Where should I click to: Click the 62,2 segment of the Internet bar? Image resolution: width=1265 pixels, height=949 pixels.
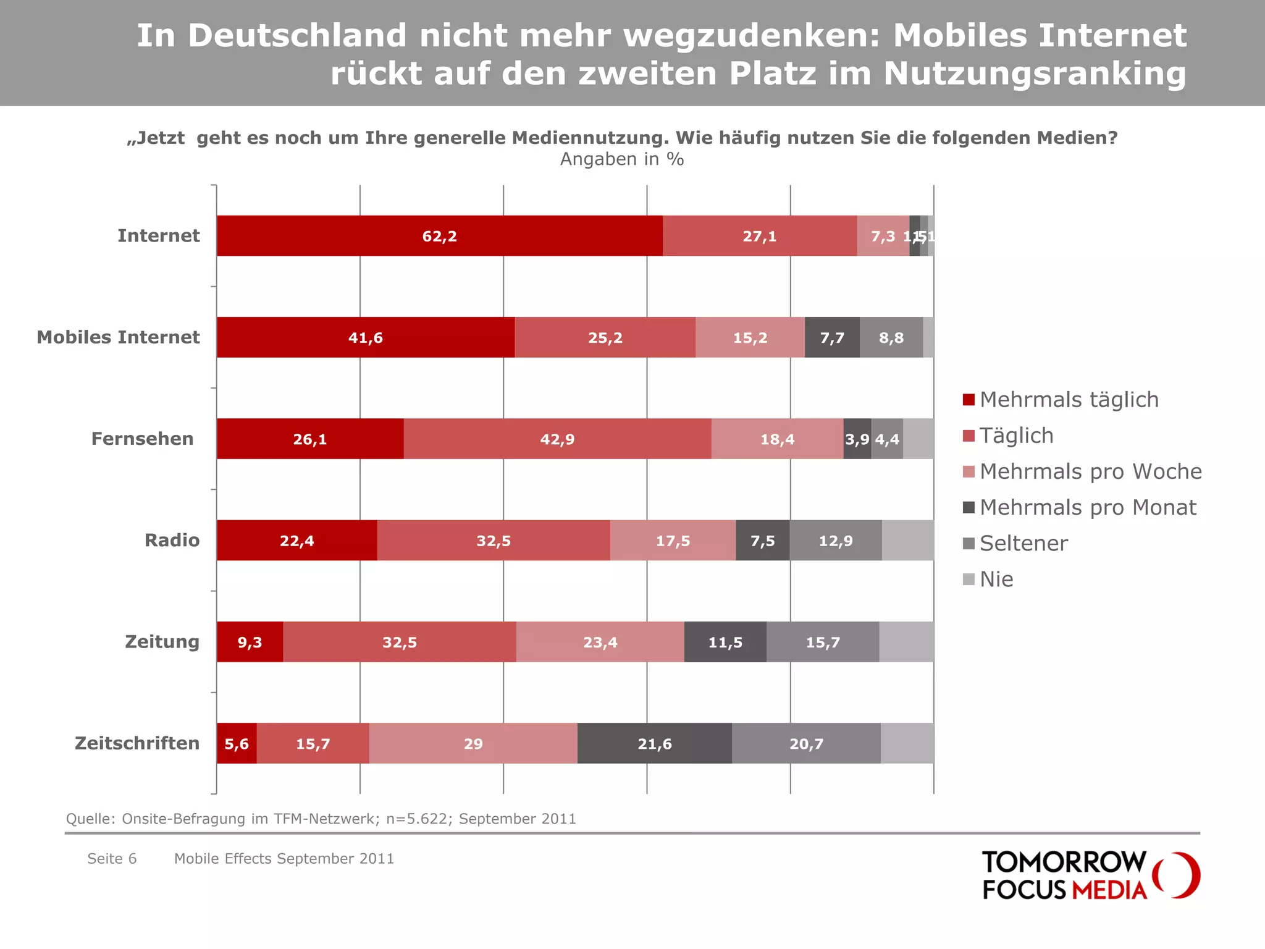click(x=439, y=236)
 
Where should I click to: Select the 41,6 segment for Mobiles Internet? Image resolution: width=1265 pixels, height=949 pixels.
click(x=366, y=337)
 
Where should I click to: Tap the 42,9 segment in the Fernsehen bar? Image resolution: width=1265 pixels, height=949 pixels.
click(x=557, y=439)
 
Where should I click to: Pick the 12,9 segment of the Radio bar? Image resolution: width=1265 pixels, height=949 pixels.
click(x=835, y=541)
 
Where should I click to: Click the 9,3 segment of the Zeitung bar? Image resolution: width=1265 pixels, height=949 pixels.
click(x=250, y=642)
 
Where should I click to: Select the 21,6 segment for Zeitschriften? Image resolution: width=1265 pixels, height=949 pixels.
click(x=655, y=743)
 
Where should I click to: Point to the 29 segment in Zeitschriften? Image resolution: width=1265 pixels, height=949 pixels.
click(x=473, y=743)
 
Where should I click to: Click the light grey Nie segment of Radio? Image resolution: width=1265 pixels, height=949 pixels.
click(x=907, y=541)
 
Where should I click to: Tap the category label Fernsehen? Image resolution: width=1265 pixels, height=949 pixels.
click(x=143, y=439)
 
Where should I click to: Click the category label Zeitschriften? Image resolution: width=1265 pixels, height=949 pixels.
click(x=137, y=743)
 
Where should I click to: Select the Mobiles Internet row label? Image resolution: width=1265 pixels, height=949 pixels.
click(x=118, y=337)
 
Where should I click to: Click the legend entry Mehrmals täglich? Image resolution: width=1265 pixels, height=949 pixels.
click(x=1069, y=400)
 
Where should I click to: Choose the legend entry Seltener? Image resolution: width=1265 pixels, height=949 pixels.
click(x=1023, y=543)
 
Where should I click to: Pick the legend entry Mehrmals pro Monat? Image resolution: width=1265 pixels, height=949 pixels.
click(x=1088, y=507)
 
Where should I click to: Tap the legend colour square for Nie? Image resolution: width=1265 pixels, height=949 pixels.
click(x=969, y=579)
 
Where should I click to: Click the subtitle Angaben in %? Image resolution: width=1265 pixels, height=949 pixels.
click(x=622, y=159)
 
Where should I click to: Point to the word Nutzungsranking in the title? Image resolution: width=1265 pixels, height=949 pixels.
click(x=1035, y=74)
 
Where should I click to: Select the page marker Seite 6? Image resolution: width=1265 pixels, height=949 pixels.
click(x=112, y=858)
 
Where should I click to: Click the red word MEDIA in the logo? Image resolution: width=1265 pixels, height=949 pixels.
click(x=1109, y=890)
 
